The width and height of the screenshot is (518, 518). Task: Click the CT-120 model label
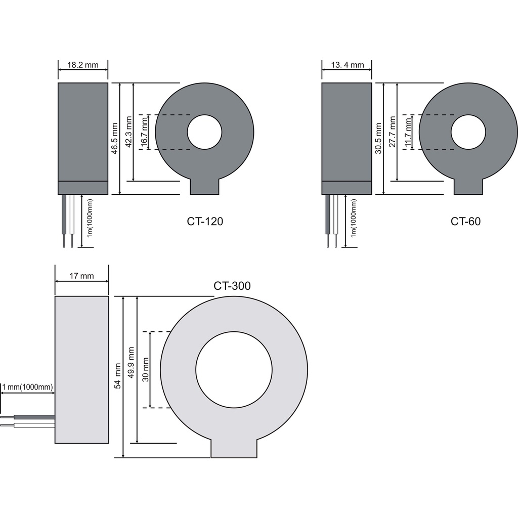pyautogui.click(x=205, y=222)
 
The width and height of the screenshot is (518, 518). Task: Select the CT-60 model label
pyautogui.click(x=465, y=222)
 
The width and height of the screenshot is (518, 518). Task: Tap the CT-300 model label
pyautogui.click(x=232, y=286)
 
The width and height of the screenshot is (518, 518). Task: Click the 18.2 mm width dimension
pyautogui.click(x=82, y=65)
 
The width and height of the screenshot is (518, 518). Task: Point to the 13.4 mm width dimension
pyautogui.click(x=347, y=65)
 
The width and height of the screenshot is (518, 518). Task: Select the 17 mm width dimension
pyautogui.click(x=81, y=276)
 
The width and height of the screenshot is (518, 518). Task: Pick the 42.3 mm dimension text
pyautogui.click(x=128, y=132)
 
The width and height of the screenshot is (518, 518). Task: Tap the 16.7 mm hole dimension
pyautogui.click(x=145, y=132)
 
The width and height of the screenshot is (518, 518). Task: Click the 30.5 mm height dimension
pyautogui.click(x=378, y=138)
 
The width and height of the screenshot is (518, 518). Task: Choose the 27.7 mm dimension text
pyautogui.click(x=393, y=132)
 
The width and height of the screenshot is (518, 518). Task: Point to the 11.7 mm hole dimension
pyautogui.click(x=409, y=132)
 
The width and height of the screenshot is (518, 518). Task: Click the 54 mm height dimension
pyautogui.click(x=118, y=376)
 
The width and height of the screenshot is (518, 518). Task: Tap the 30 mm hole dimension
pyautogui.click(x=146, y=370)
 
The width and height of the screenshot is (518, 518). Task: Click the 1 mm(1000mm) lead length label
pyautogui.click(x=28, y=387)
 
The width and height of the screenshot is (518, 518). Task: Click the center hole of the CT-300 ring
pyautogui.click(x=234, y=370)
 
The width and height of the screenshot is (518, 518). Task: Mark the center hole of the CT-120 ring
pyautogui.click(x=204, y=132)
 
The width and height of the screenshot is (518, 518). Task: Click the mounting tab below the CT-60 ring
pyautogui.click(x=468, y=187)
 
